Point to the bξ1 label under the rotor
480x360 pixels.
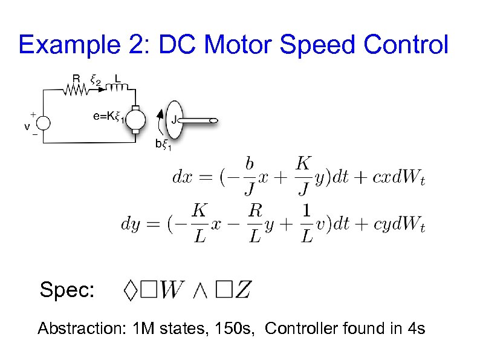[164, 145]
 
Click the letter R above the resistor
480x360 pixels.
[76, 79]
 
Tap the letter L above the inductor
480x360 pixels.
[117, 79]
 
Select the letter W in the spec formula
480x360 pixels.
[170, 290]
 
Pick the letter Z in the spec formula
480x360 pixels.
[242, 290]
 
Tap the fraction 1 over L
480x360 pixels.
[307, 223]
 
